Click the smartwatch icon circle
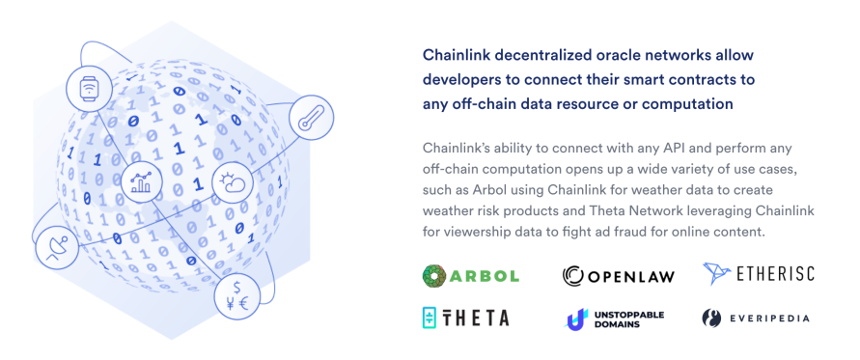[x=88, y=88]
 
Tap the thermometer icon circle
[x=311, y=118]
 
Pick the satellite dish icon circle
[x=58, y=247]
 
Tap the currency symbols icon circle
[x=236, y=296]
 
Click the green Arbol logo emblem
[x=434, y=276]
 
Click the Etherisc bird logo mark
[x=717, y=273]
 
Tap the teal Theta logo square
[x=430, y=318]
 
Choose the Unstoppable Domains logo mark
[x=575, y=318]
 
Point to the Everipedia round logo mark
[x=711, y=318]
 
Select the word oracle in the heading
[x=618, y=55]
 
